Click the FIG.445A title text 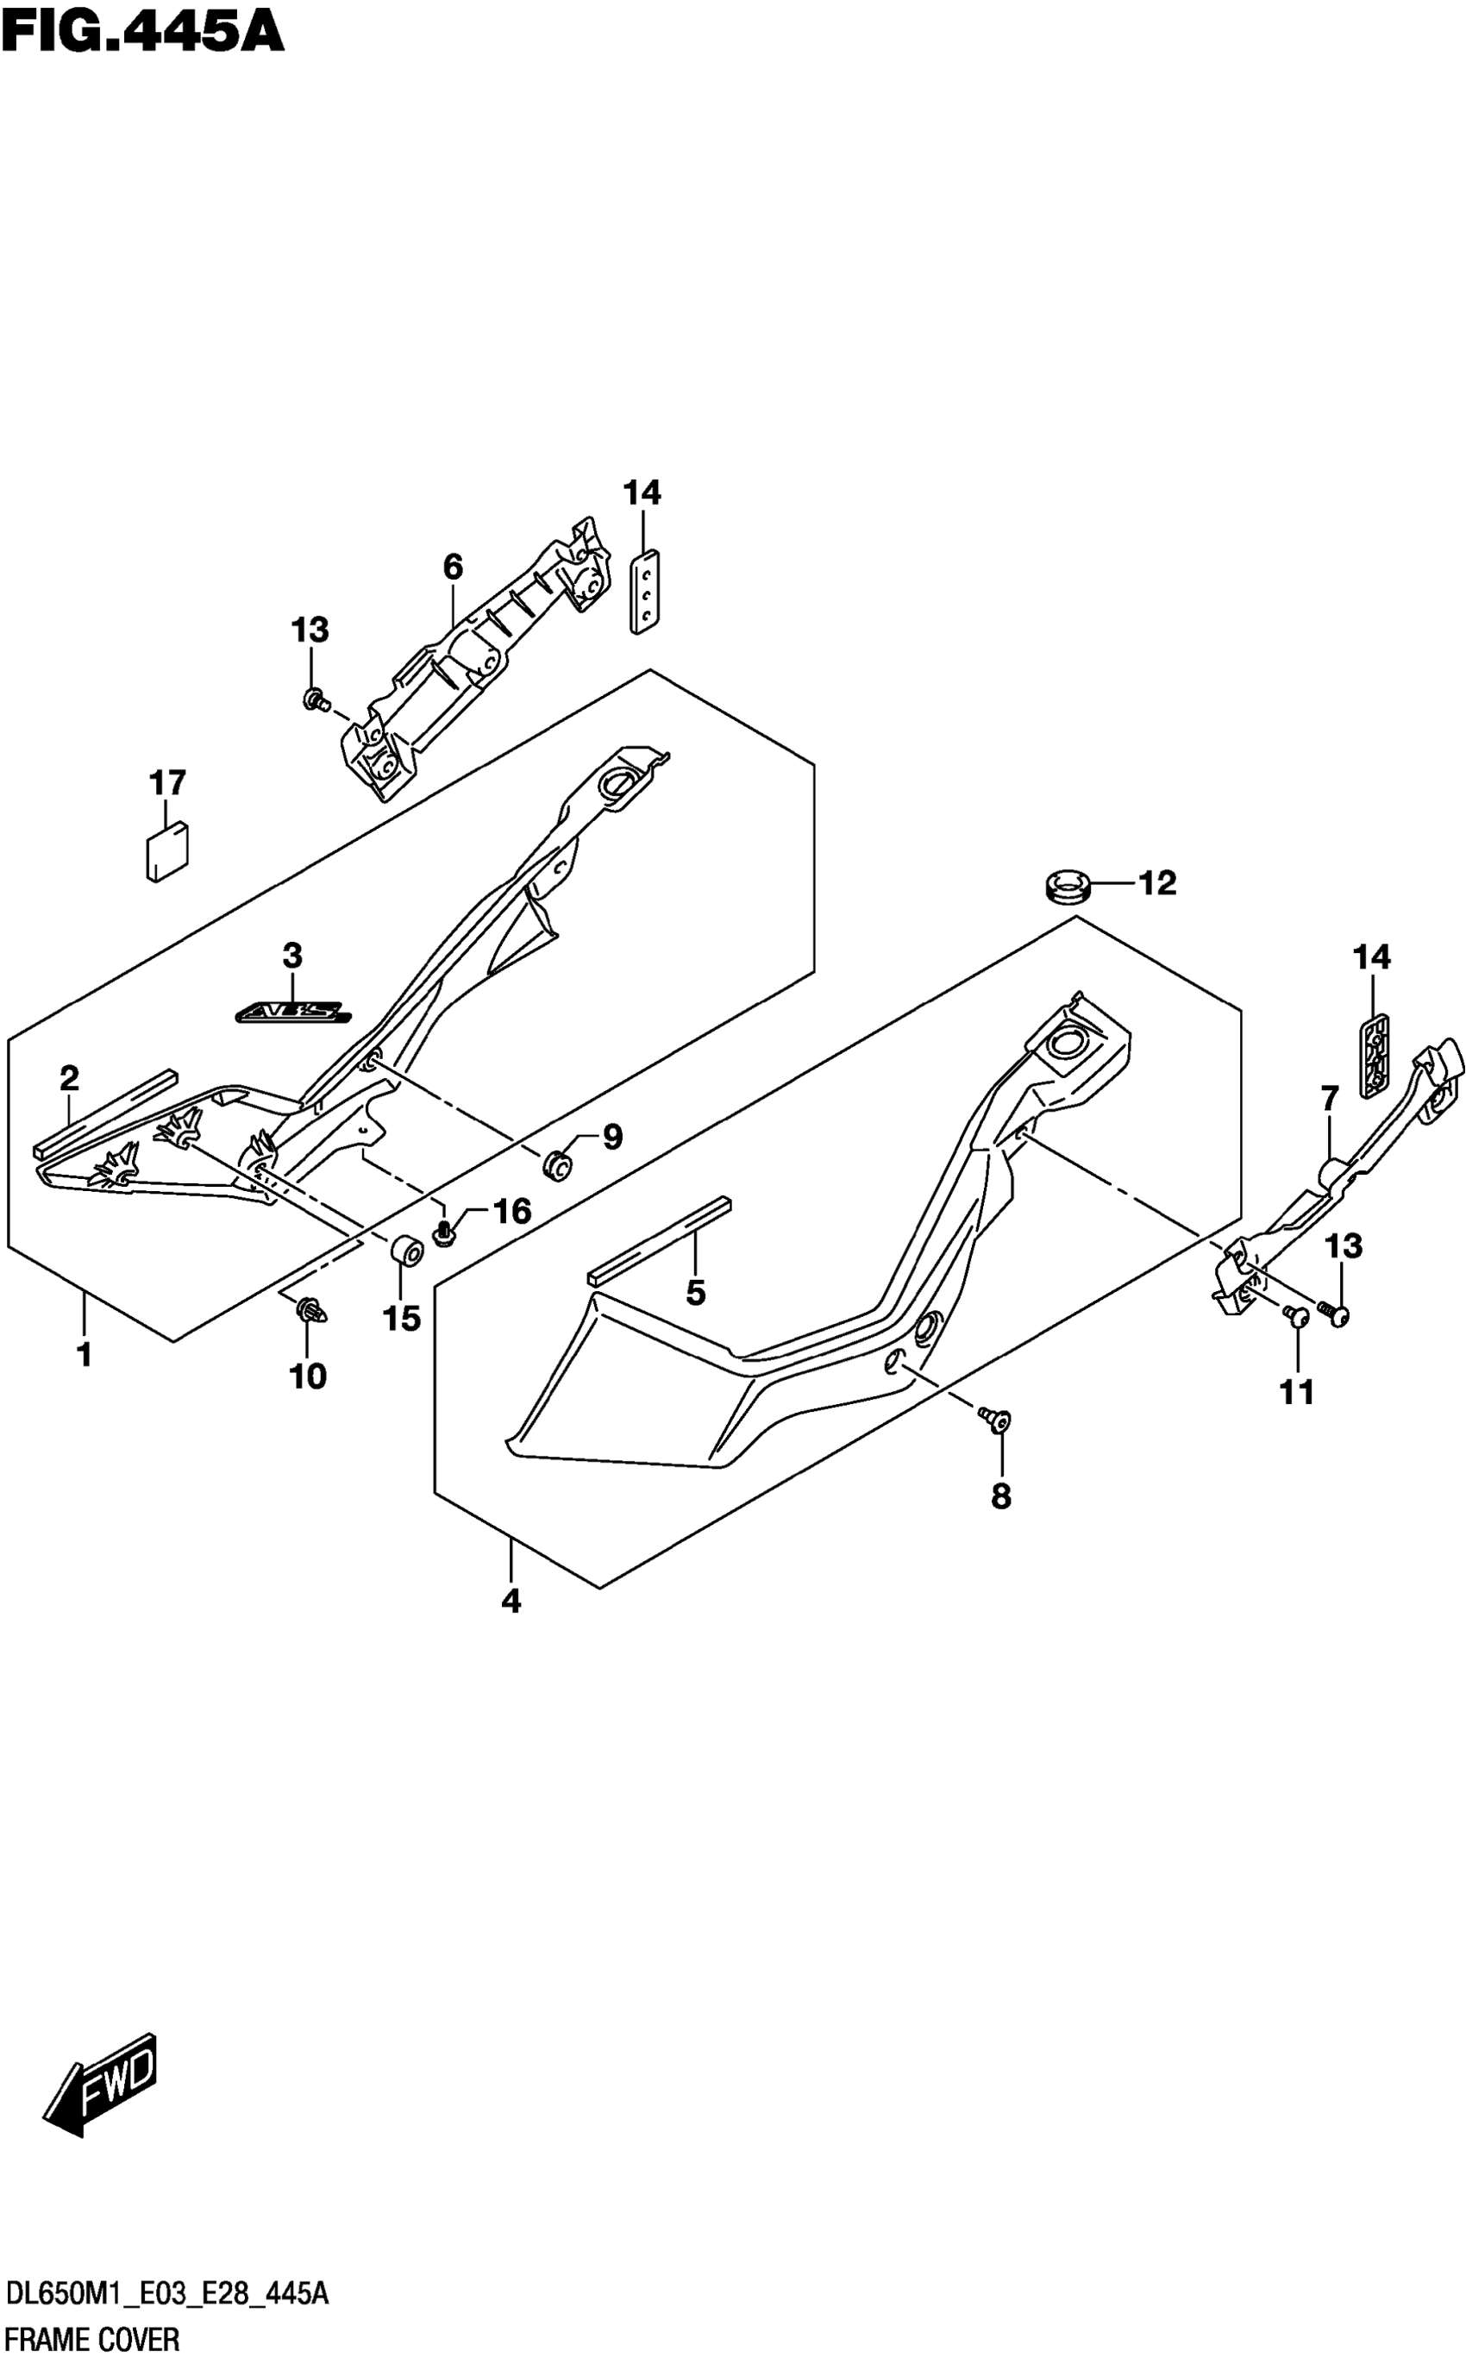click(142, 31)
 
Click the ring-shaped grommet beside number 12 click(1068, 885)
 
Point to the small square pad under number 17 click(166, 851)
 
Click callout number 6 click(453, 568)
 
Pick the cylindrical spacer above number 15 click(405, 1251)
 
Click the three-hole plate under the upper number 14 click(645, 592)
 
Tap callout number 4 click(511, 1601)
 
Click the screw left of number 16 click(444, 1234)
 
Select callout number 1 click(85, 1354)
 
